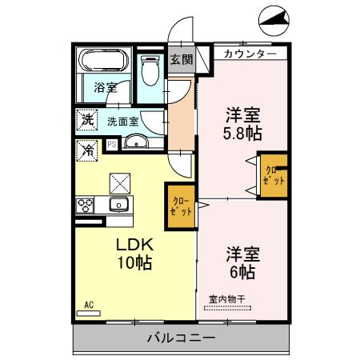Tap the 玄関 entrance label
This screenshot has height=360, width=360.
181,58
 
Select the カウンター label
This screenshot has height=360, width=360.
250,54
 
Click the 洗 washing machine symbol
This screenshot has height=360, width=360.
86,121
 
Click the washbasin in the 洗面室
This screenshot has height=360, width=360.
138,144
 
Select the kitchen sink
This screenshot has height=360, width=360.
120,204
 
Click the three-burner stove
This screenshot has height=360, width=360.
86,205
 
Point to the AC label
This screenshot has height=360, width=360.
89,304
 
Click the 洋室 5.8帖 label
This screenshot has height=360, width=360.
243,121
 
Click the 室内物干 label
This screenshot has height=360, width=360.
228,299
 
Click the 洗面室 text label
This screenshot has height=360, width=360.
123,121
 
